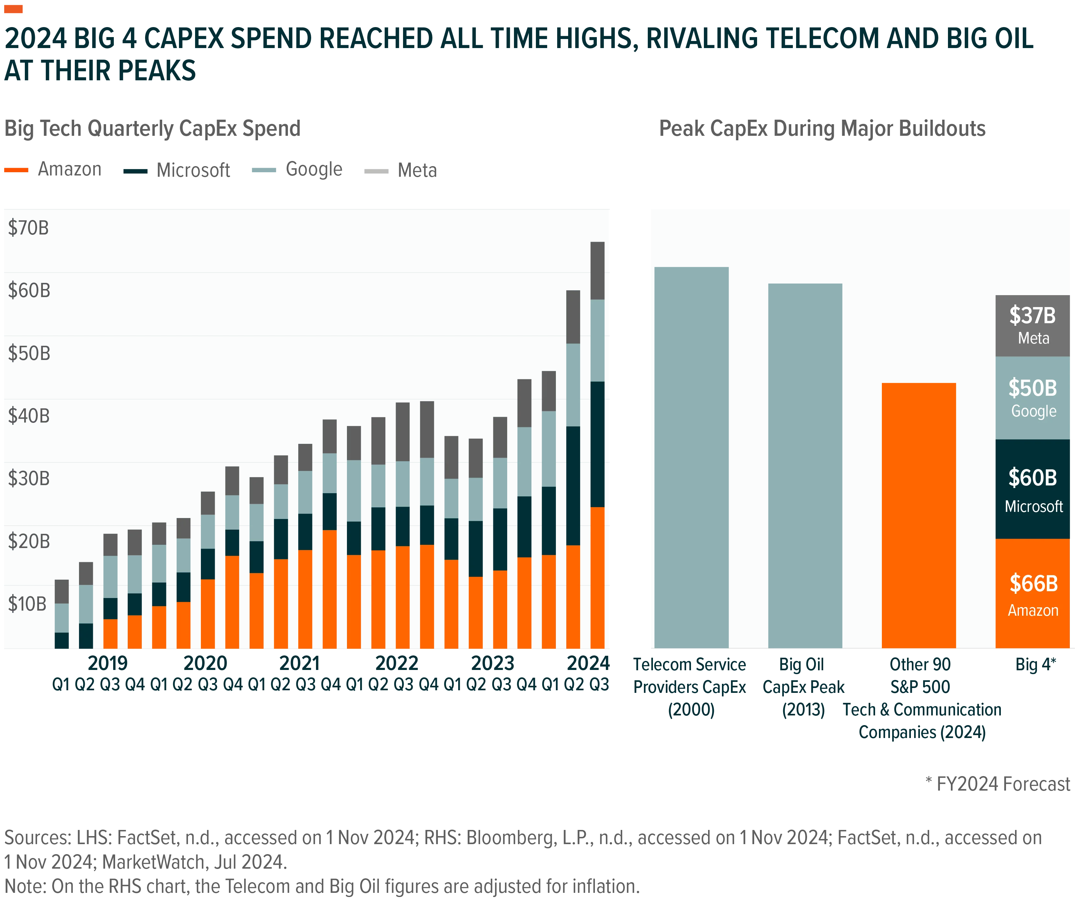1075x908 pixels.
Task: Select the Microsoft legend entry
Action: [x=176, y=170]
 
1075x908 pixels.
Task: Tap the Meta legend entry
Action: [x=400, y=170]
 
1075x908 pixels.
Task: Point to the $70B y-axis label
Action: [x=28, y=227]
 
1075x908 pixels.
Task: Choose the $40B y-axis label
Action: [x=29, y=416]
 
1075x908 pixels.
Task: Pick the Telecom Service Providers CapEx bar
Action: [x=691, y=457]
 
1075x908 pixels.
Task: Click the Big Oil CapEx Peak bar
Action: [x=805, y=465]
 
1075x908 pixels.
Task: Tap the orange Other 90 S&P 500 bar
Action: [x=919, y=515]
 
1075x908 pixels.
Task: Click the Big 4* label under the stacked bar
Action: [x=1035, y=664]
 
